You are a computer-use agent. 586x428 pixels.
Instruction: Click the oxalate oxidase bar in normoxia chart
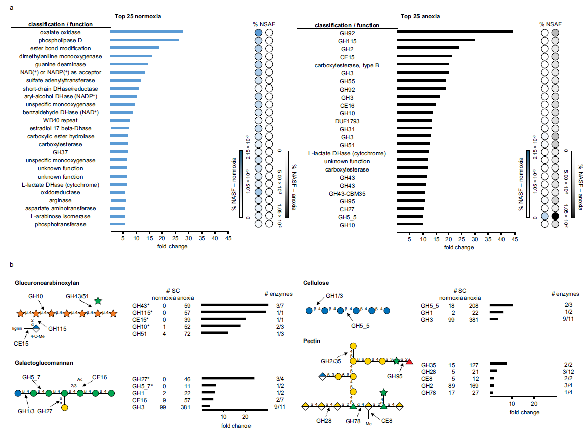[146, 32]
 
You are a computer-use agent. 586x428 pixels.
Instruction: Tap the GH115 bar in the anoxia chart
[436, 40]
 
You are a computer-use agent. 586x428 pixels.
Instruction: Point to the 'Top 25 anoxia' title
[420, 16]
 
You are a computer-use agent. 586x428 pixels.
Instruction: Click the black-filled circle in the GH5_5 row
[555, 216]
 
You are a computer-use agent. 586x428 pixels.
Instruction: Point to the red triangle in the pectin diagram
[409, 361]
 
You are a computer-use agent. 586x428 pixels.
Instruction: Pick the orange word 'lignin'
[17, 327]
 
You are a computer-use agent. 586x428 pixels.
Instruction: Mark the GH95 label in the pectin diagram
[395, 375]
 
